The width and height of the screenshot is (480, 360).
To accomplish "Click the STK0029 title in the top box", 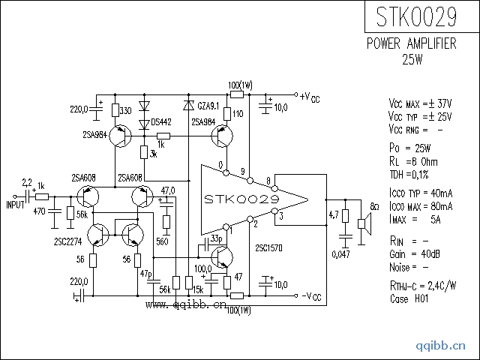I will click(417, 17).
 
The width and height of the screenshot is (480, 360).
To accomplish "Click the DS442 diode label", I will click(161, 121).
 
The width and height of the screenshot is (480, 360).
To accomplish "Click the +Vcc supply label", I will click(309, 97).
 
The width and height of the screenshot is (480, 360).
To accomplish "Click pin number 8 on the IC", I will click(268, 180).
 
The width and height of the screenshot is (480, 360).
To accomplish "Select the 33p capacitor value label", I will click(216, 238).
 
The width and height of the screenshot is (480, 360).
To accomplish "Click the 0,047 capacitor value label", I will click(340, 255).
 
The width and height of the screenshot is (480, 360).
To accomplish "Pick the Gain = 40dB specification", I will click(409, 254).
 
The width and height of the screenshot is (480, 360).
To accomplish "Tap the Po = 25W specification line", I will click(409, 148).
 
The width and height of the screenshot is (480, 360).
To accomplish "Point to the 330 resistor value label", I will click(125, 111).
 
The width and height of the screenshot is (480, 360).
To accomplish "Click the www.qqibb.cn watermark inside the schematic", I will click(185, 305).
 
